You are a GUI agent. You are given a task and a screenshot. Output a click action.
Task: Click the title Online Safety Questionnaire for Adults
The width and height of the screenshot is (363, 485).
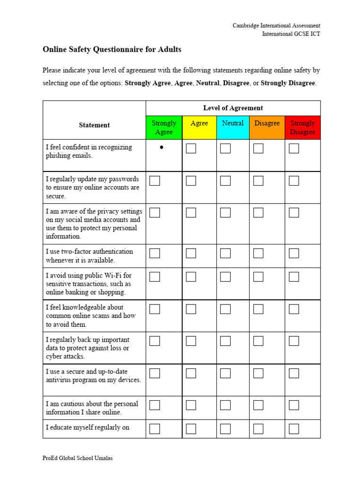pos(112,49)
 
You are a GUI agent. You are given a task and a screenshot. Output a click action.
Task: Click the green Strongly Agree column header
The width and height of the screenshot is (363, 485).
pos(164,127)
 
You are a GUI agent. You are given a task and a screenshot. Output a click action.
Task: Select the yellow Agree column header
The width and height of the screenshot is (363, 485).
pos(199,123)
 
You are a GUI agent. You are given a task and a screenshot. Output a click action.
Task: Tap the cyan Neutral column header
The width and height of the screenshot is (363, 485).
pos(233,123)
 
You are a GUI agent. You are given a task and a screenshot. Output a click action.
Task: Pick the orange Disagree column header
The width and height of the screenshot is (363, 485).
pos(267,123)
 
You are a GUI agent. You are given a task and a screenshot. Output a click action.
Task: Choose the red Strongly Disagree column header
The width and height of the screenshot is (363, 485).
pos(302,127)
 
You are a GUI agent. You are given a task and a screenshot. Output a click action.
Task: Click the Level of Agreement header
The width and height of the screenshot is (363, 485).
pos(233,108)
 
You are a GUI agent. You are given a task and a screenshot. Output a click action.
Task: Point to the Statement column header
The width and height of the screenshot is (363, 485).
pos(94,125)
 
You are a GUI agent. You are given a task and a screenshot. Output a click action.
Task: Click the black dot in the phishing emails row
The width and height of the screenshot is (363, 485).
pos(162,147)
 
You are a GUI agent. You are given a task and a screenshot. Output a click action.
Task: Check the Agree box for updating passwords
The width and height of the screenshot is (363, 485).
pos(191,180)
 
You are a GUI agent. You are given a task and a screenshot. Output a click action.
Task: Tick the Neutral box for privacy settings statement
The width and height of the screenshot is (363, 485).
pos(225,213)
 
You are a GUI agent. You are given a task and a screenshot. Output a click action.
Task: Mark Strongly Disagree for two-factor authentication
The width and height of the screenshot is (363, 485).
pos(294,253)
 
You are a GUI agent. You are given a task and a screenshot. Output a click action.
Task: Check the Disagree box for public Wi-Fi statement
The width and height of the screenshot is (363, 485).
pos(258,277)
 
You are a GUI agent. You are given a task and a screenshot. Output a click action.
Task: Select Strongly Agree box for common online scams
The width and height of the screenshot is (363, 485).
pos(155,309)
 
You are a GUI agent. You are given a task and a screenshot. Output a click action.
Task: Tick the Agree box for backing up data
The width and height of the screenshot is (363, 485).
pos(191,341)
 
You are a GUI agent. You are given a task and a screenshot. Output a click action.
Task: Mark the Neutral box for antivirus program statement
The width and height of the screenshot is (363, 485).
pos(225,373)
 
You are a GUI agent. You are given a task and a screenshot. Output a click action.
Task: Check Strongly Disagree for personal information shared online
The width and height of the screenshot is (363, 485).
pos(294,405)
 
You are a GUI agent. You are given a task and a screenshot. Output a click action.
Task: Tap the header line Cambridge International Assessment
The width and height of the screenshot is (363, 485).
pos(276,26)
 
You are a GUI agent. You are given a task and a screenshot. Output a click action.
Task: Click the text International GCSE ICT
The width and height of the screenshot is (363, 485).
pos(291,34)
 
